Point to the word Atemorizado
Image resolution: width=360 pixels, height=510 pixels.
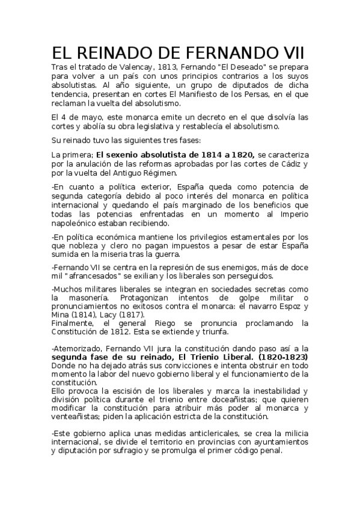pyautogui.click(x=81, y=348)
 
